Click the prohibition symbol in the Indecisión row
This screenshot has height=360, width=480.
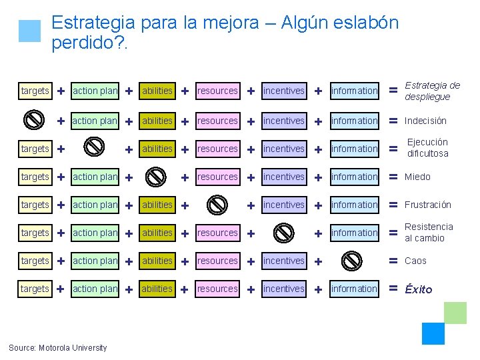pos(34,120)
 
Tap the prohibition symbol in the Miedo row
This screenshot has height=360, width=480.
pos(156,177)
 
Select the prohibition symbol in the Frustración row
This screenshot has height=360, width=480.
pos(217,205)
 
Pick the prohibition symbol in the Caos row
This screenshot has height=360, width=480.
pos(353,261)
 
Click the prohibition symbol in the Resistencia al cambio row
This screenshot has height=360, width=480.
pos(284,233)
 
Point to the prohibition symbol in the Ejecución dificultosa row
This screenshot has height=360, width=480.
pos(95,148)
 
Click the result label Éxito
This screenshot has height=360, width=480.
pos(419,289)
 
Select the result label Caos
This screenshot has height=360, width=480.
pos(415,261)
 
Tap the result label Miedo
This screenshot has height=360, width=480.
pos(417,177)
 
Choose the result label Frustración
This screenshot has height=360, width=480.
pos(428,205)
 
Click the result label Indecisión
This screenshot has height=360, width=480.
pos(425,121)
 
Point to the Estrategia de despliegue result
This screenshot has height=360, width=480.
pos(433,91)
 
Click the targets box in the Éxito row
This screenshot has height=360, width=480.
pos(35,289)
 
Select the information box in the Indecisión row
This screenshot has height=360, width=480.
pos(354,121)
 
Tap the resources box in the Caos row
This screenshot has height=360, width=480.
pos(217,261)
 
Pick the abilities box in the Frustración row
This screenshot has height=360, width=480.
pos(157,205)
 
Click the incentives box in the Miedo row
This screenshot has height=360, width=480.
pos(283,177)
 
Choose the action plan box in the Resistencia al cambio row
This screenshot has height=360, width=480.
pos(95,233)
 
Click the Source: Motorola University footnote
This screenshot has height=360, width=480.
pos(57,347)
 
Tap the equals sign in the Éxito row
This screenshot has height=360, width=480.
pos(393,289)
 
